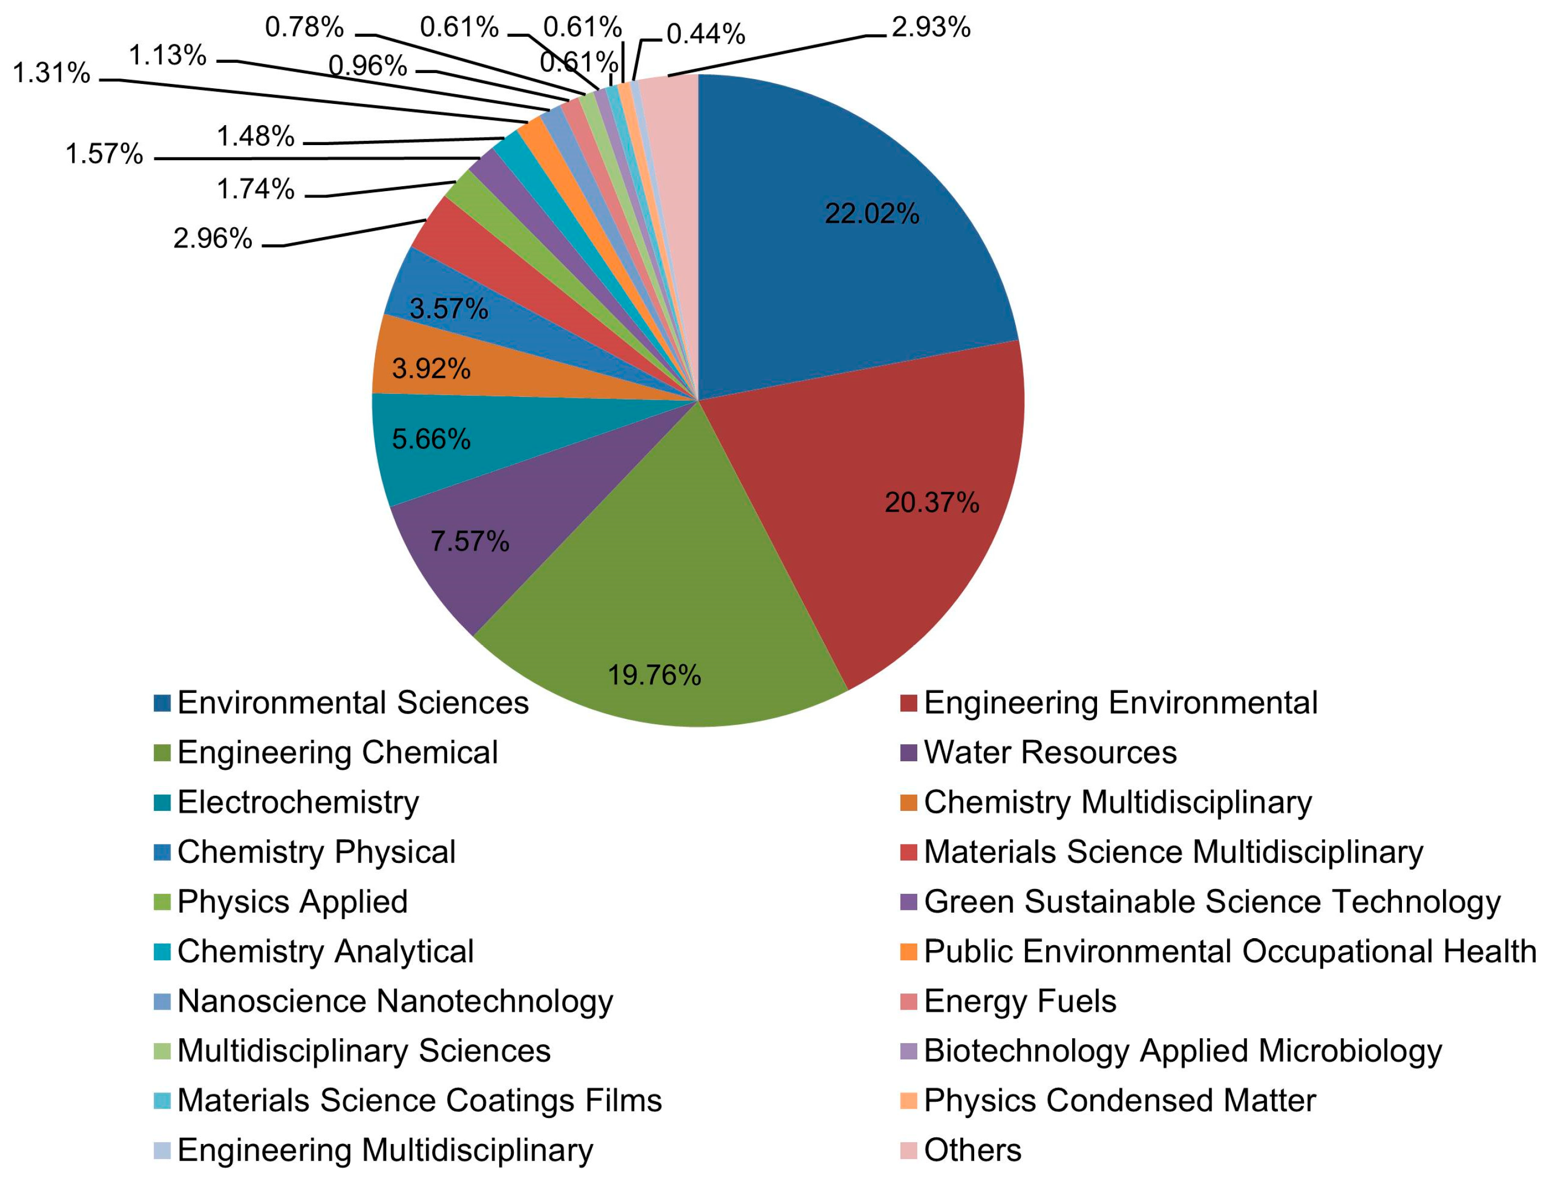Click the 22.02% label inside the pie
pyautogui.click(x=871, y=213)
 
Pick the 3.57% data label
pyautogui.click(x=449, y=309)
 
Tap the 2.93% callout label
pyautogui.click(x=931, y=28)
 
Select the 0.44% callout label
pyautogui.click(x=705, y=34)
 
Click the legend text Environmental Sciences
pyautogui.click(x=353, y=703)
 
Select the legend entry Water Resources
pyautogui.click(x=1050, y=753)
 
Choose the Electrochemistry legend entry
pyautogui.click(x=298, y=802)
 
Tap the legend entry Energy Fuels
pyautogui.click(x=1020, y=1002)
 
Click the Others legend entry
pyautogui.click(x=972, y=1150)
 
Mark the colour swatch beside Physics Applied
pyautogui.click(x=162, y=902)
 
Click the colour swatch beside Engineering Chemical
pyautogui.click(x=162, y=753)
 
